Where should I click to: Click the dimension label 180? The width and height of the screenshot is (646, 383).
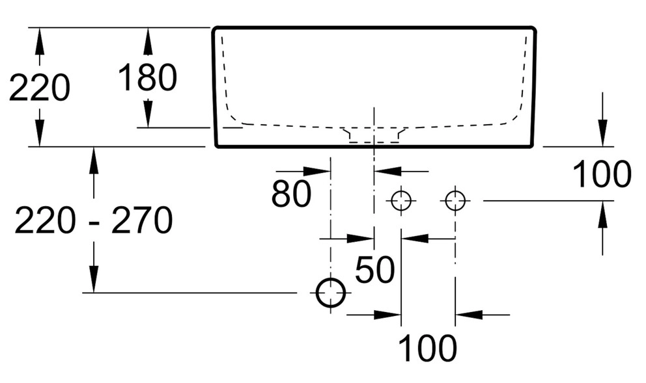point(147,78)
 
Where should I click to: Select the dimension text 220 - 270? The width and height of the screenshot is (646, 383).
point(93,220)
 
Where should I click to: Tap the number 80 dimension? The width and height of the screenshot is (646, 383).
point(291,193)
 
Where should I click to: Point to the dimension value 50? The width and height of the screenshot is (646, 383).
point(374,270)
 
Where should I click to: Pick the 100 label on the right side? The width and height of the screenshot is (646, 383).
point(602,174)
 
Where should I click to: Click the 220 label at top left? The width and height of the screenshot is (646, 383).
point(39,88)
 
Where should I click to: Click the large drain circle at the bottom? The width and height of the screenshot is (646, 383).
point(331,293)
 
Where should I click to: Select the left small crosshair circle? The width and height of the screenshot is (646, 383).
point(401,201)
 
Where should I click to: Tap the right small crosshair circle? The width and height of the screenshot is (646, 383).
point(455,201)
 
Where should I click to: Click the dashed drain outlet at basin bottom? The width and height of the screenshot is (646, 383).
point(374,135)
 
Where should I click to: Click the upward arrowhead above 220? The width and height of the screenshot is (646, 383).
point(40,40)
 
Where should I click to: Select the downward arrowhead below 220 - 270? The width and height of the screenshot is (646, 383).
point(94,280)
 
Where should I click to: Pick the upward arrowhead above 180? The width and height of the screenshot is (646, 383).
point(148,40)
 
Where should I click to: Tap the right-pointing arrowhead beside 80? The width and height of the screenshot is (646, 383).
point(318,171)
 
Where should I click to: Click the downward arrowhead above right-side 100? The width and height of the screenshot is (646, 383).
point(602,134)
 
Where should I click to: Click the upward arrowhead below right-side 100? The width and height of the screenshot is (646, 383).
point(602,215)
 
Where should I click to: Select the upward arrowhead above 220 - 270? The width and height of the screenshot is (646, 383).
point(94,160)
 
